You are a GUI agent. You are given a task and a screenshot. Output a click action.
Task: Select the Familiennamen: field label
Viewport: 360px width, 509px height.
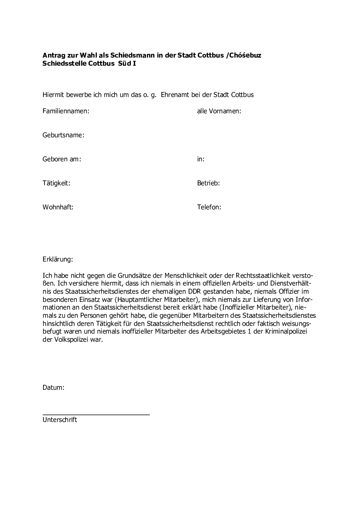(x=66, y=111)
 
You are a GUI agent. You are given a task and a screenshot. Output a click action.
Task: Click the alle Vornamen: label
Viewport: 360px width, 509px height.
(x=219, y=111)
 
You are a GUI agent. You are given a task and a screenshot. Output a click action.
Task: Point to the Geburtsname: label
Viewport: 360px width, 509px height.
(x=63, y=135)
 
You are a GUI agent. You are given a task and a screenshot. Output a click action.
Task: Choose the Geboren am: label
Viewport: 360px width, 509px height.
(x=62, y=159)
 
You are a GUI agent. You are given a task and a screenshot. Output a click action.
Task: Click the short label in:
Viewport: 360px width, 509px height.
(x=200, y=159)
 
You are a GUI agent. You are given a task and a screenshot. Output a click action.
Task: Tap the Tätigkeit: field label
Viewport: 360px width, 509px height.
(x=56, y=183)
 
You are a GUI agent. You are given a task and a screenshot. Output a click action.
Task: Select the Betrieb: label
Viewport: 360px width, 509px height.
(x=208, y=183)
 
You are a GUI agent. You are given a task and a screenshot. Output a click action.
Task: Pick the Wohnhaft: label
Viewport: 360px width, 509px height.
(x=58, y=207)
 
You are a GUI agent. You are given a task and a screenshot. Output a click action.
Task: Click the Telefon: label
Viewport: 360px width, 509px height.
(x=209, y=207)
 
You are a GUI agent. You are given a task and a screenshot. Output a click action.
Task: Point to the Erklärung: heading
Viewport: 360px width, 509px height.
(x=58, y=260)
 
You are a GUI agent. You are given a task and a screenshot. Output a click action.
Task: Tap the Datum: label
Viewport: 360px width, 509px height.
(x=54, y=388)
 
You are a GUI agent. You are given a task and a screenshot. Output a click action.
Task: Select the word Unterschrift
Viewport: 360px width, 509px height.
(x=60, y=420)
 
